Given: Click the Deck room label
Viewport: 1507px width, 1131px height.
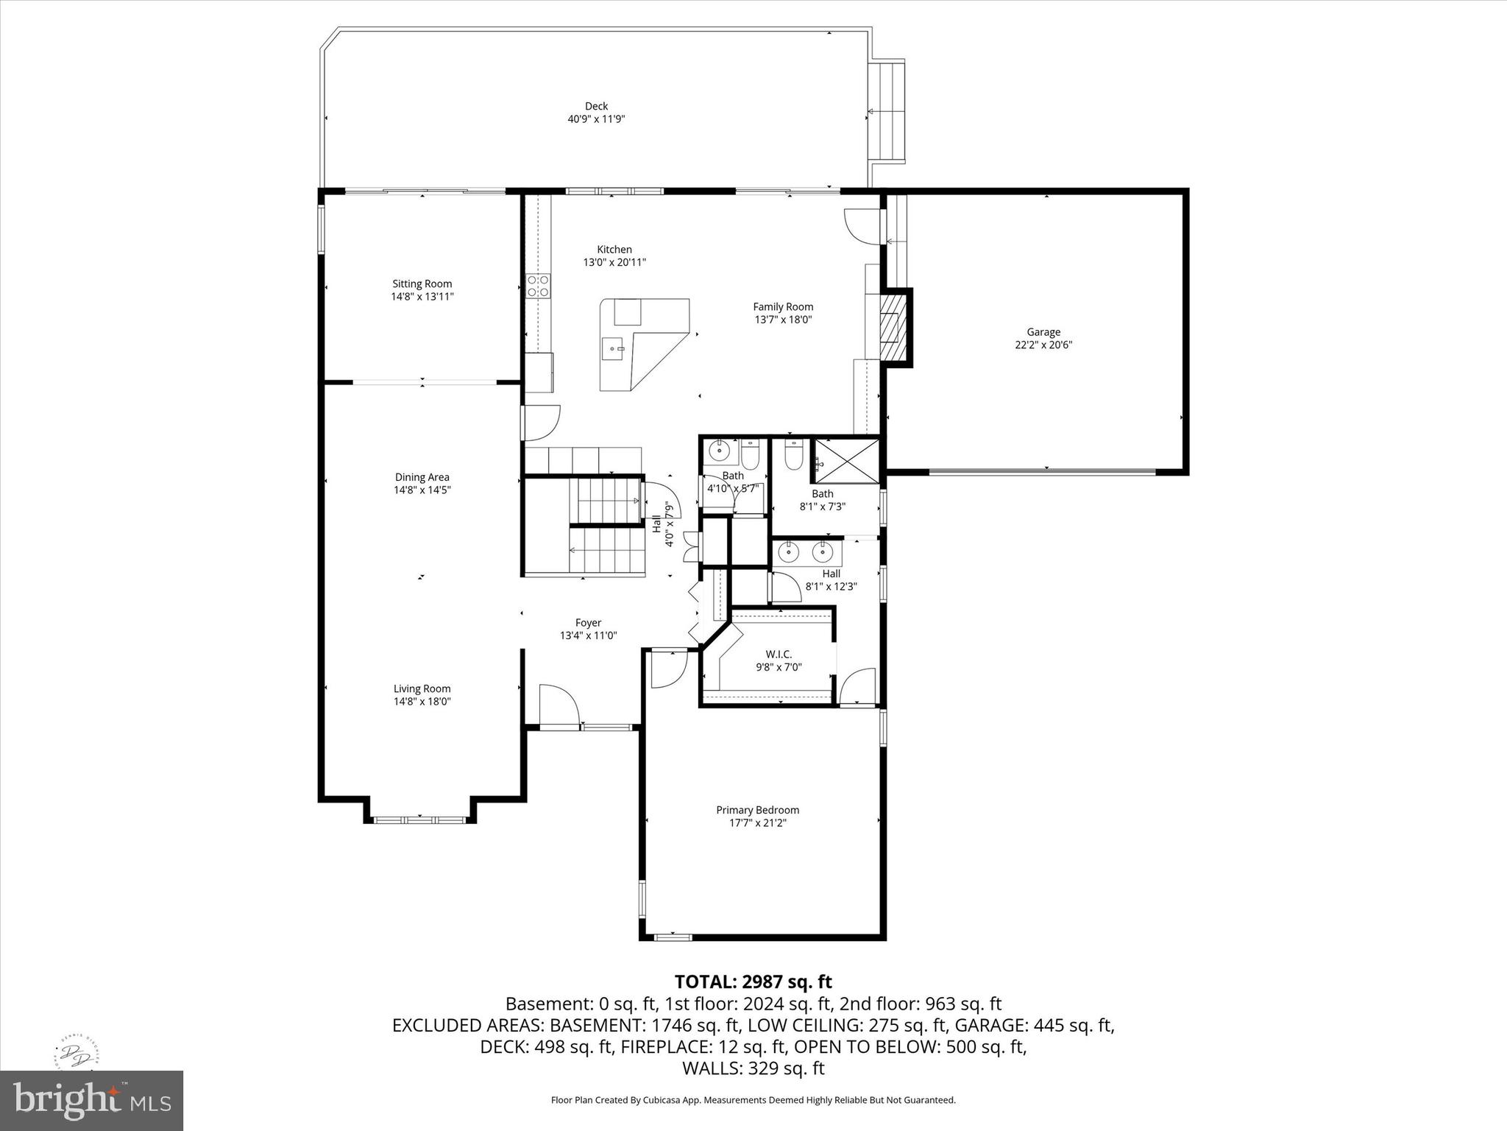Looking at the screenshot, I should [596, 106].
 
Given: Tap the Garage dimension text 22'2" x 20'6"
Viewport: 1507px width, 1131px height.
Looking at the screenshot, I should [1043, 345].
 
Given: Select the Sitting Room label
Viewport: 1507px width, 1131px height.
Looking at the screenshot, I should [422, 283].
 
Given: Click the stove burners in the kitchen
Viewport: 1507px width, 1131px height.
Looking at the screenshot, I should [538, 286].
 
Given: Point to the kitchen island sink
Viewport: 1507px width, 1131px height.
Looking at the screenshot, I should [613, 348].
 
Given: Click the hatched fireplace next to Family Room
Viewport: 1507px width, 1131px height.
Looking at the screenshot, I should [892, 327].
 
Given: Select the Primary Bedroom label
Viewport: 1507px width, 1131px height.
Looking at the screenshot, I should [757, 810].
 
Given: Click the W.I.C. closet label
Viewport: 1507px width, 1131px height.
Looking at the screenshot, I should [779, 654].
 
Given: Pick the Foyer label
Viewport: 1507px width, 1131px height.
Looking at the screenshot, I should [588, 623].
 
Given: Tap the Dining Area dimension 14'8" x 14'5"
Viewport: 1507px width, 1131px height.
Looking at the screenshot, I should [422, 490].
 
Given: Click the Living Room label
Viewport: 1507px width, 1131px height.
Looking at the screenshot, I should [422, 689].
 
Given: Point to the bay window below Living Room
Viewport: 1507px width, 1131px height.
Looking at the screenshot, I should [419, 819].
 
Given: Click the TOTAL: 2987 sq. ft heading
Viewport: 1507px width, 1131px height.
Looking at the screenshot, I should [753, 982].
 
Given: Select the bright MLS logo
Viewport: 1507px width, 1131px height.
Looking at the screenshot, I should [92, 1100].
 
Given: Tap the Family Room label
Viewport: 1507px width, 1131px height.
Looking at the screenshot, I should [783, 307].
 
